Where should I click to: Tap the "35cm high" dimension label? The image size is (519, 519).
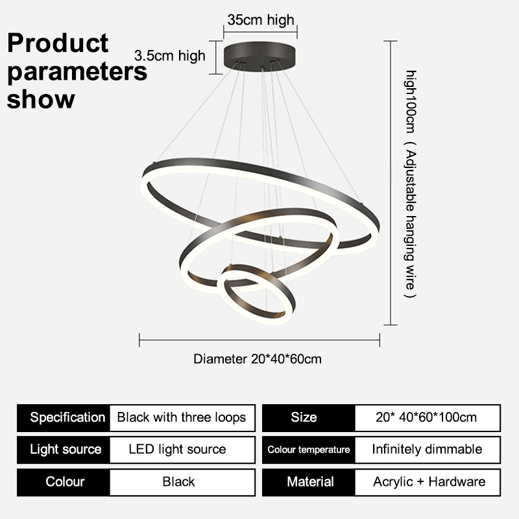(260, 20)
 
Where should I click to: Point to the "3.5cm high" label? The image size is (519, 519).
(169, 56)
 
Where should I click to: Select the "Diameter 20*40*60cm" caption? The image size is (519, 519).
(258, 359)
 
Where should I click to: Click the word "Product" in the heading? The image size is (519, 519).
(58, 43)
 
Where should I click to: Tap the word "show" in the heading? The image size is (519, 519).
(41, 100)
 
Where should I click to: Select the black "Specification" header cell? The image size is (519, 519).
(64, 417)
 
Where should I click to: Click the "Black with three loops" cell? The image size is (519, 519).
(182, 417)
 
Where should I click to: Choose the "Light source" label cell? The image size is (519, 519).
(64, 449)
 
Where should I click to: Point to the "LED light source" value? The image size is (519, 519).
(178, 449)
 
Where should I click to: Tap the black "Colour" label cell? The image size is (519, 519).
(64, 481)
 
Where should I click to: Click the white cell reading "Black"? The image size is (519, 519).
(178, 481)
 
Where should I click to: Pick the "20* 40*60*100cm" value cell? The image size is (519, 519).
(427, 417)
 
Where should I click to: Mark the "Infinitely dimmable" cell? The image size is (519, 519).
(427, 449)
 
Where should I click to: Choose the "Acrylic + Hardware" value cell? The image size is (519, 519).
(429, 481)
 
